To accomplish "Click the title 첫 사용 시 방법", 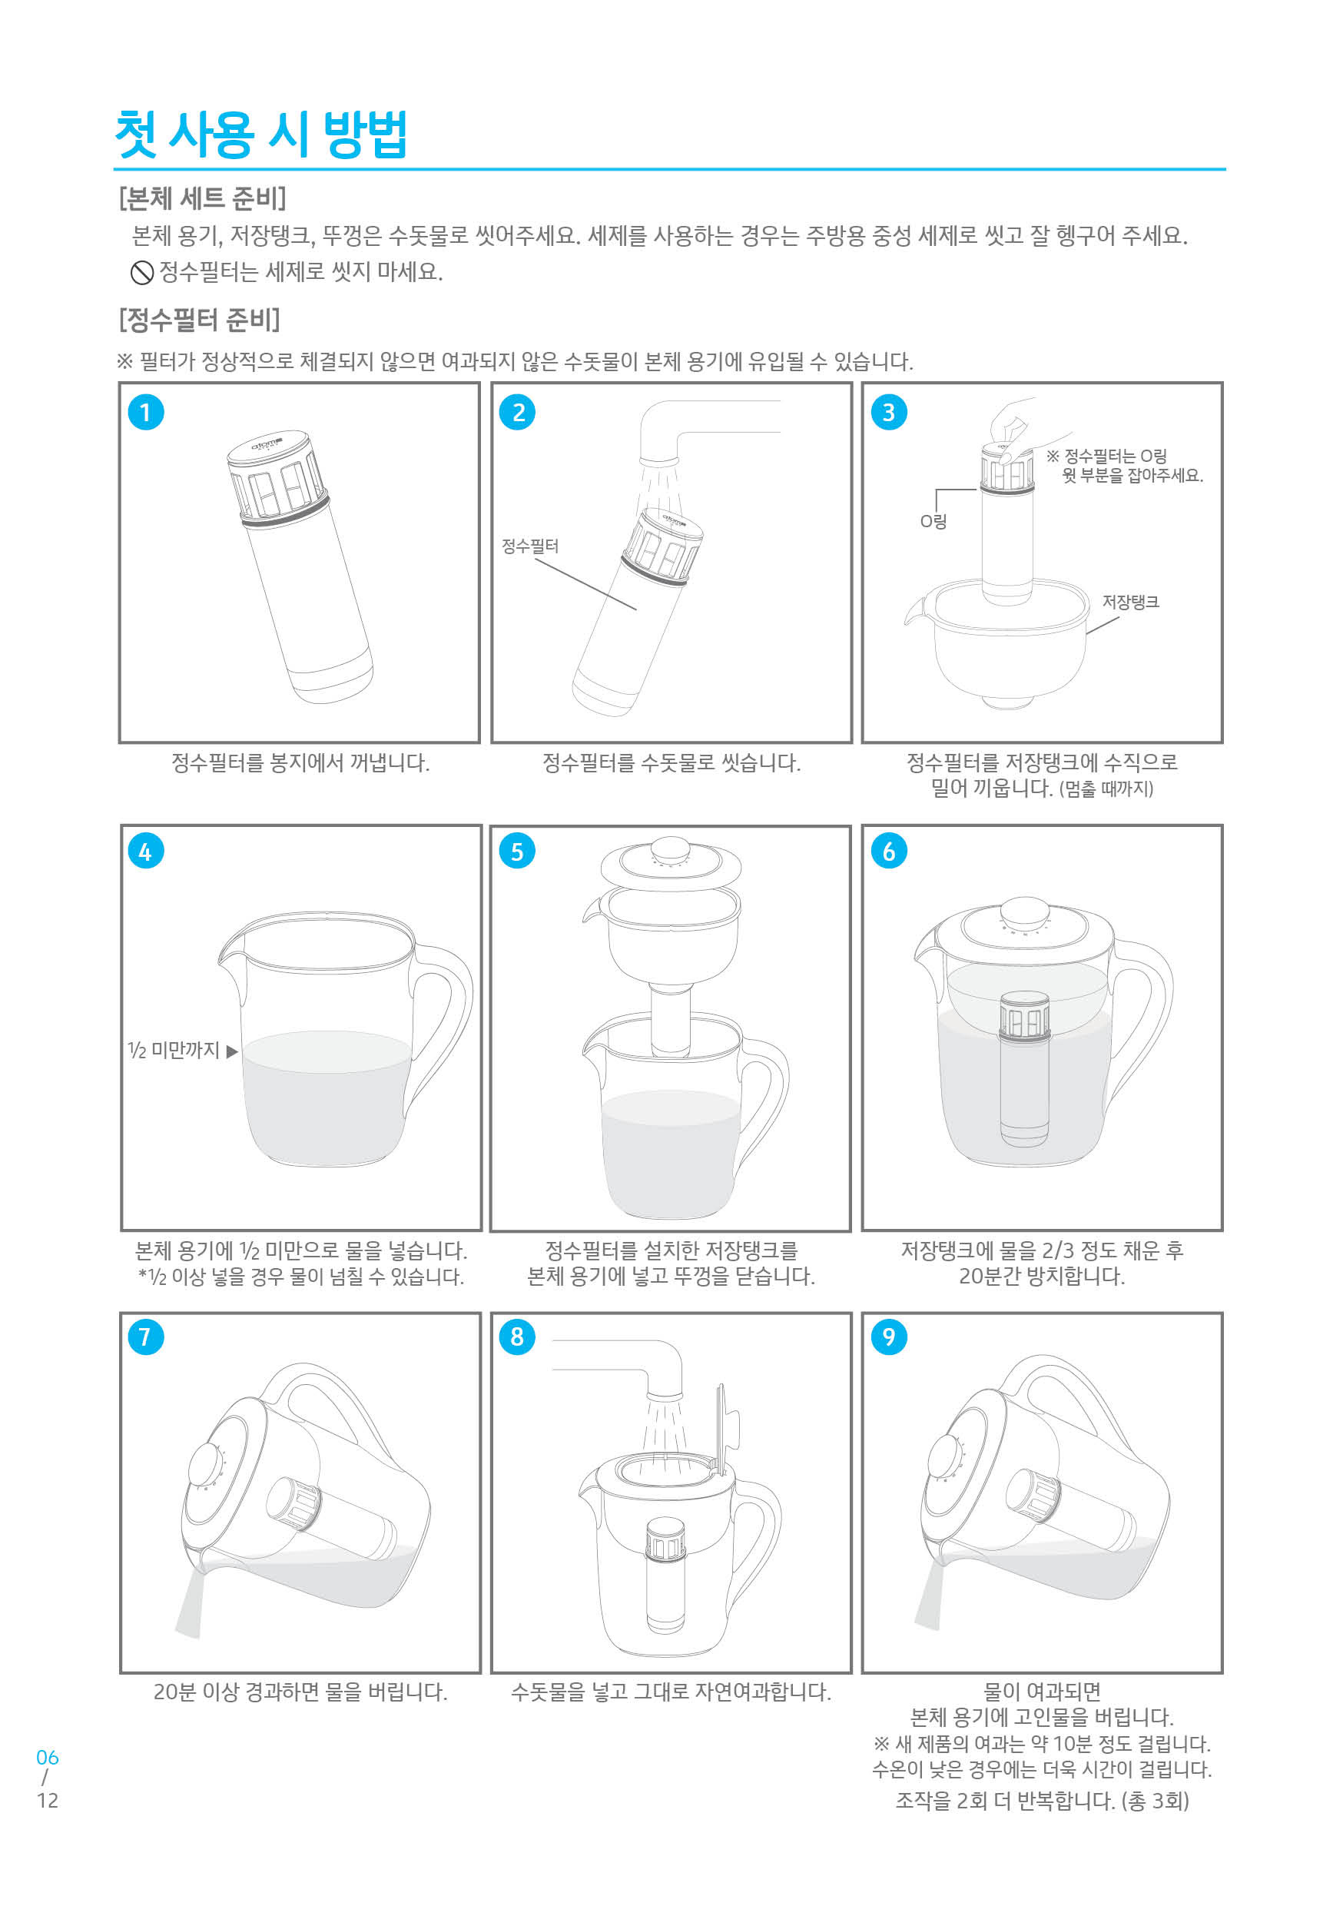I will pyautogui.click(x=260, y=134).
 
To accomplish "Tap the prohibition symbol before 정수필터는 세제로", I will pyautogui.click(x=142, y=271).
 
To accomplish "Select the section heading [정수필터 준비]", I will pyautogui.click(x=199, y=320).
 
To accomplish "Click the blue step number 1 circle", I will pyautogui.click(x=145, y=413).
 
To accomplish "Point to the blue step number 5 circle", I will pyautogui.click(x=516, y=851).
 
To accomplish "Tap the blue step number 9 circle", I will pyautogui.click(x=888, y=1337).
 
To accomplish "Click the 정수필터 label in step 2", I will pyautogui.click(x=529, y=546).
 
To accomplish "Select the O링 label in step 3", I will pyautogui.click(x=933, y=521).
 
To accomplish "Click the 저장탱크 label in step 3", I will pyautogui.click(x=1129, y=602).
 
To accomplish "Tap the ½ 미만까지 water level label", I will pyautogui.click(x=174, y=1050).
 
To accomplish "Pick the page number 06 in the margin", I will pyautogui.click(x=48, y=1758).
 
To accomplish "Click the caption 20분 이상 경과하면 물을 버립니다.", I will pyautogui.click(x=300, y=1692).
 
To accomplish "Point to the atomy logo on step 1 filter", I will pyautogui.click(x=267, y=445).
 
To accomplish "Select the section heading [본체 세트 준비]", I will pyautogui.click(x=203, y=198).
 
